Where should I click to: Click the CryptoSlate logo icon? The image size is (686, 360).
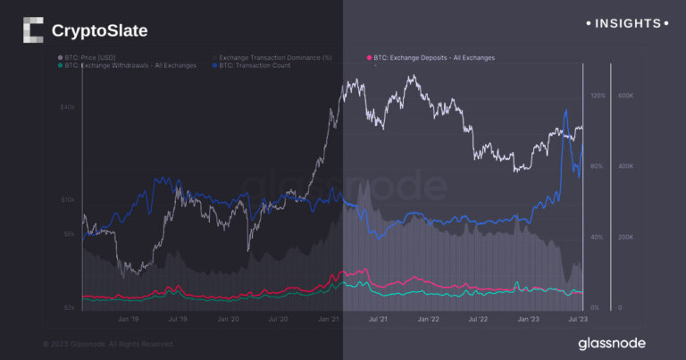[32, 30]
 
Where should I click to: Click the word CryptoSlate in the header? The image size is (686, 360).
[99, 31]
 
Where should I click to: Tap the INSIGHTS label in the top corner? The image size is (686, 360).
[625, 22]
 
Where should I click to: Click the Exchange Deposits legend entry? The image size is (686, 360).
[431, 57]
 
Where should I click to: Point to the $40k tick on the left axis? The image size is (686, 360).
[67, 107]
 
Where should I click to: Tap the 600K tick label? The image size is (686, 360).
[626, 95]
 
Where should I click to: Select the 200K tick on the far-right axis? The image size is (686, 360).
[626, 237]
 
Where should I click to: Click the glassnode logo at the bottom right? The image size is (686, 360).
[611, 343]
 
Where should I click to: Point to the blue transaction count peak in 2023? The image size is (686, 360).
[566, 110]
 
